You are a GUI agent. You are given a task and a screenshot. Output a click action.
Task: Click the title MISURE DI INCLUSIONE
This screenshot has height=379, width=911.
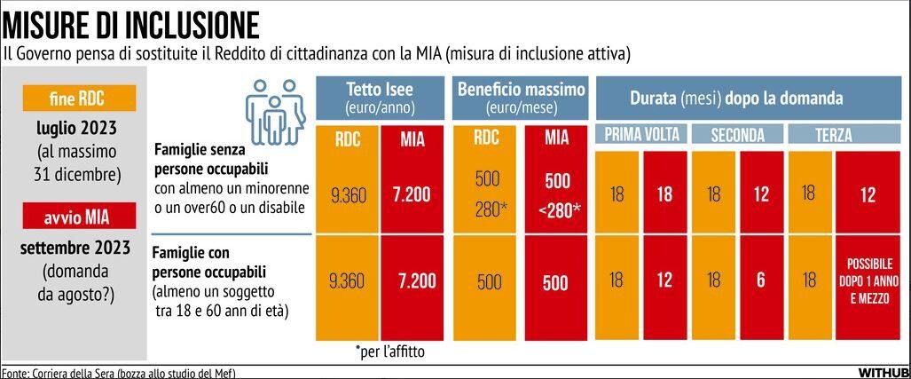[x=131, y=22]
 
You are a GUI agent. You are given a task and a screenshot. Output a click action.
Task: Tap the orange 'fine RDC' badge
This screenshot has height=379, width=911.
[x=79, y=98]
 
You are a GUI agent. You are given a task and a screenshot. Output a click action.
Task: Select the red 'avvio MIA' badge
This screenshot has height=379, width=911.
[x=79, y=214]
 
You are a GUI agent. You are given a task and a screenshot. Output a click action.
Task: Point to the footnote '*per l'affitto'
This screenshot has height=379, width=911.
[x=389, y=351]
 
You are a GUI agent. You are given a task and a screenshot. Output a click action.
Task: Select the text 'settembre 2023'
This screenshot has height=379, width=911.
[x=78, y=246]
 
